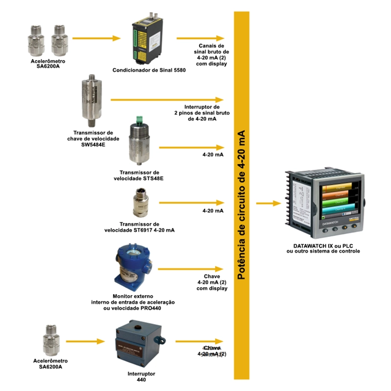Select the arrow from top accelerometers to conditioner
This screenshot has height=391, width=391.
point(96,38)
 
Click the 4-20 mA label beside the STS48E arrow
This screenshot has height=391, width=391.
point(213,155)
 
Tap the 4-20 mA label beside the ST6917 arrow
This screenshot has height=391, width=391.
point(213,211)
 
